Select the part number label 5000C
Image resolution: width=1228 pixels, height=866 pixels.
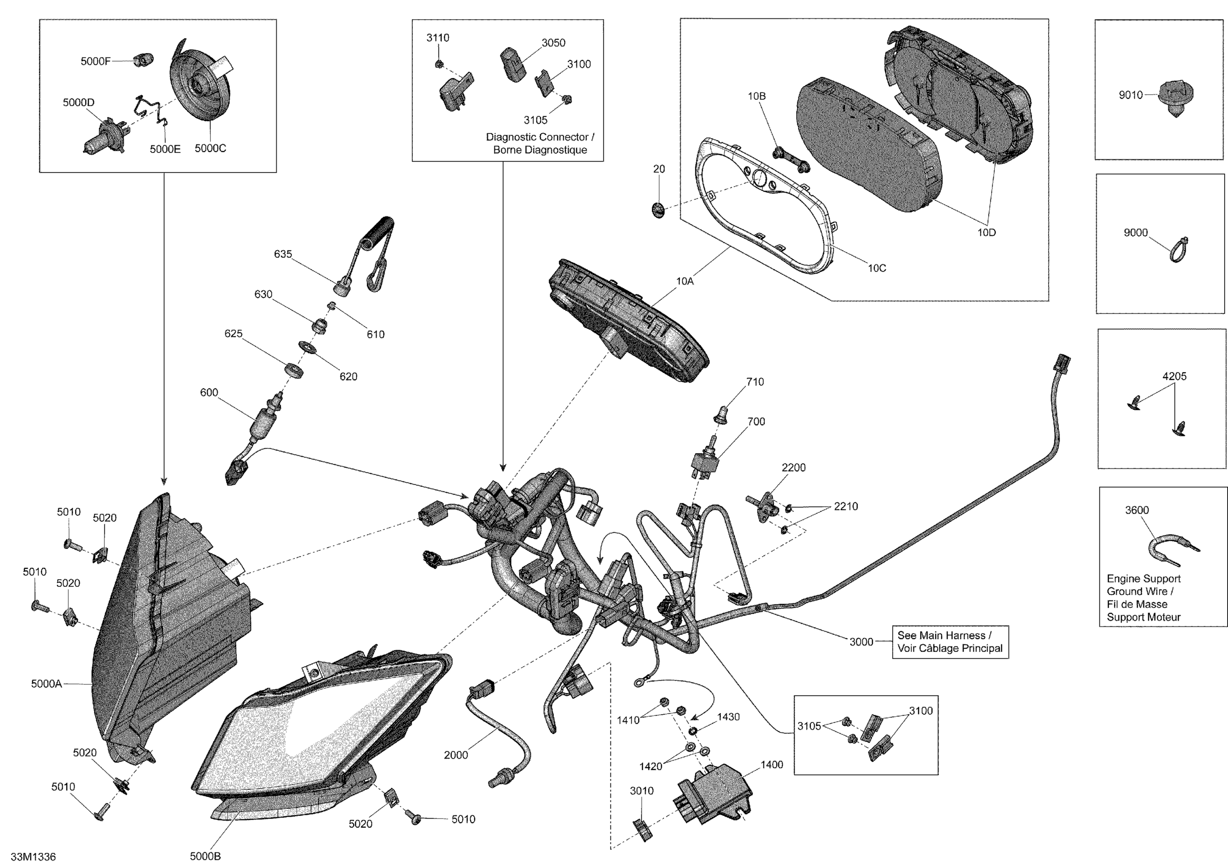pyautogui.click(x=210, y=148)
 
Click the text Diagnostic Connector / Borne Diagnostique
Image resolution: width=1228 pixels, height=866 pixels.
pyautogui.click(x=540, y=143)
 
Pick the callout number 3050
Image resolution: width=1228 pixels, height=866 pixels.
pyautogui.click(x=553, y=43)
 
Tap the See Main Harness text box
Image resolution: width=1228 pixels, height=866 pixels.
pyautogui.click(x=950, y=641)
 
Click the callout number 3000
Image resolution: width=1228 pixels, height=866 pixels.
pyautogui.click(x=861, y=641)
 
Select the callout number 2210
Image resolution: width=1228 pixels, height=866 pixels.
pyautogui.click(x=846, y=506)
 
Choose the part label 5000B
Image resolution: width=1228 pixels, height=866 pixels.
pyautogui.click(x=205, y=856)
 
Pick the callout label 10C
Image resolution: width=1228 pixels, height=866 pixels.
pyautogui.click(x=877, y=268)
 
